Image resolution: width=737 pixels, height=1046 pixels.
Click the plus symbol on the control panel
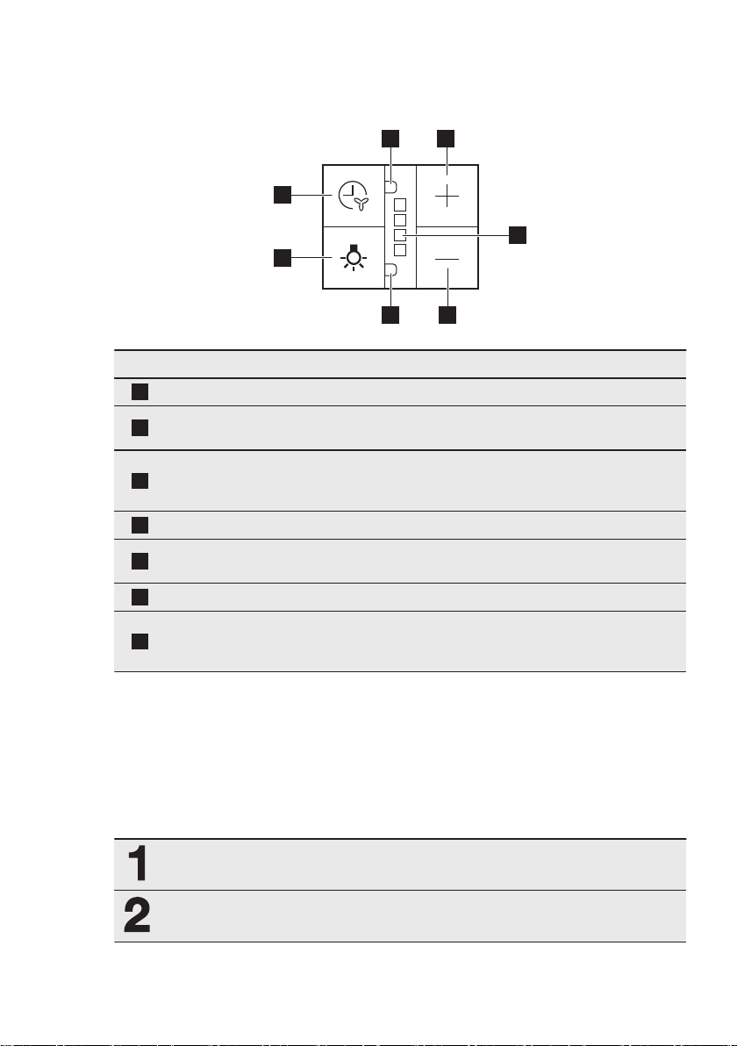[x=447, y=196]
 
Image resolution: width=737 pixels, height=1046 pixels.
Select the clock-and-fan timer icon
[x=354, y=196]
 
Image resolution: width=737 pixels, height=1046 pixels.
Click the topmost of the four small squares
[x=399, y=204]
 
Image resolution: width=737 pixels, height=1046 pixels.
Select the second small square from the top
[x=399, y=219]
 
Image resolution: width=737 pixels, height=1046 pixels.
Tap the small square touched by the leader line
[x=399, y=235]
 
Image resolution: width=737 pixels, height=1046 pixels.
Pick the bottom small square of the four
[x=399, y=250]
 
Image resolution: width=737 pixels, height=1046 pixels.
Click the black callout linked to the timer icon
[x=281, y=195]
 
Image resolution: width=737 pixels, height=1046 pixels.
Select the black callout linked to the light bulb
[x=281, y=257]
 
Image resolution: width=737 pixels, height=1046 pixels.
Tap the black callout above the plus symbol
[x=447, y=138]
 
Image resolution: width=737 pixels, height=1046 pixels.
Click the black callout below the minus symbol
[x=447, y=314]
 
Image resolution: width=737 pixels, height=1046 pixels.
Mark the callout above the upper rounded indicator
[x=390, y=138]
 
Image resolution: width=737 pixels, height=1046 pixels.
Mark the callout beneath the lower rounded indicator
[x=390, y=314]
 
